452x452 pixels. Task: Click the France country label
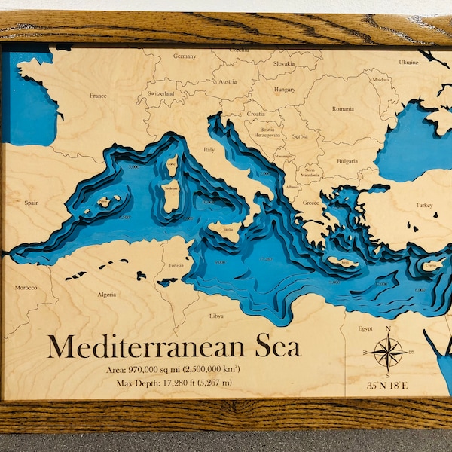pyautogui.click(x=98, y=96)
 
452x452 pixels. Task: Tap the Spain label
pyautogui.click(x=32, y=203)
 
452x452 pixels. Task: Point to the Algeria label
pyautogui.click(x=107, y=295)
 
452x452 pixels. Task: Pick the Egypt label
pyautogui.click(x=365, y=329)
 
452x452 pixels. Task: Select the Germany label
pyautogui.click(x=185, y=56)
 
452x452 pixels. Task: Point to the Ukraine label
pyautogui.click(x=408, y=62)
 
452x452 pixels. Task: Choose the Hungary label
pyautogui.click(x=285, y=89)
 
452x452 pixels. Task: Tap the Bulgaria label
pyautogui.click(x=347, y=161)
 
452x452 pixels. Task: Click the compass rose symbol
pyautogui.click(x=388, y=353)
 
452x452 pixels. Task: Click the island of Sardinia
pyautogui.click(x=172, y=194)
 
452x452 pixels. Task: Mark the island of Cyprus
pyautogui.click(x=435, y=264)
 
